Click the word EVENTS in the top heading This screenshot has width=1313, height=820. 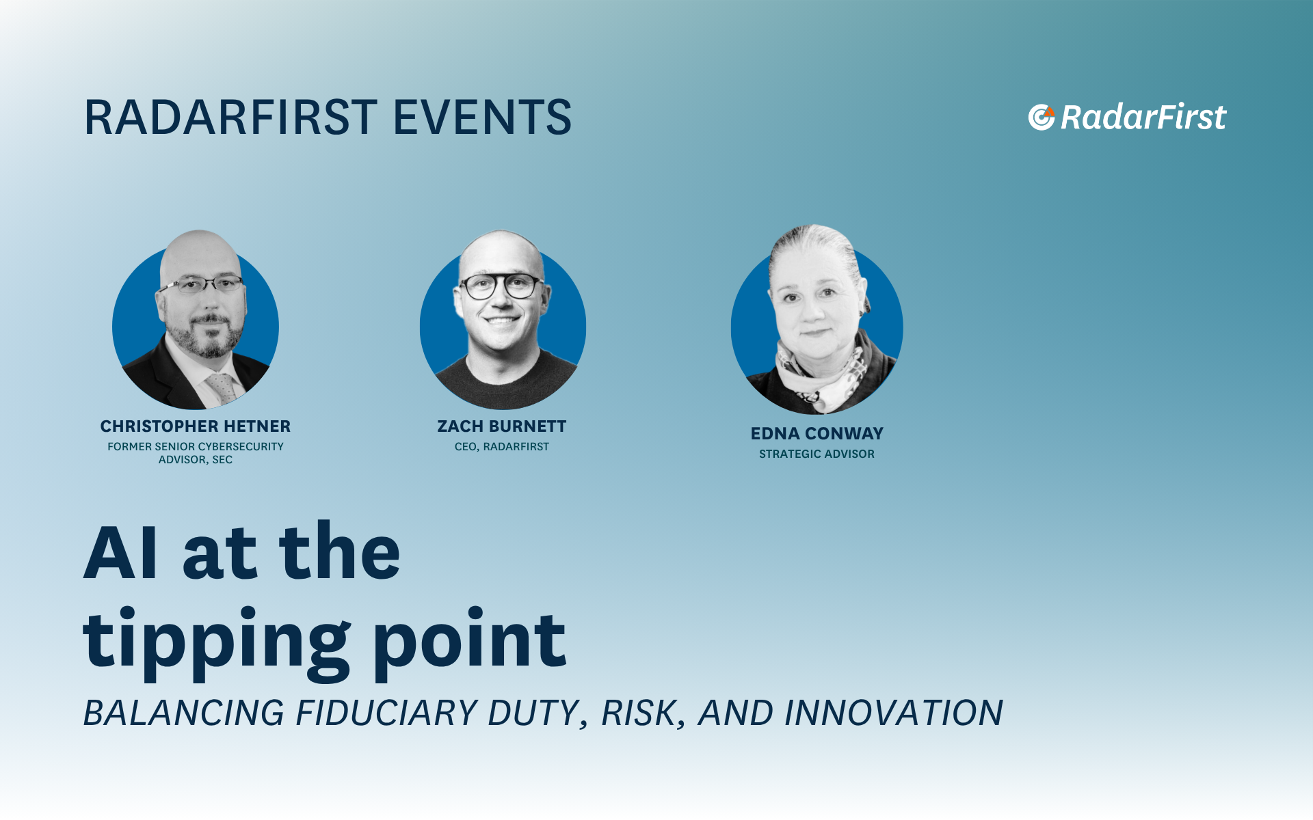(482, 117)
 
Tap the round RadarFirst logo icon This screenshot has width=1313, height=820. (1042, 117)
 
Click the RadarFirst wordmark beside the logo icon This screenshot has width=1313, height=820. (1143, 117)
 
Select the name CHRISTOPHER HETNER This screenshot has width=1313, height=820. (196, 426)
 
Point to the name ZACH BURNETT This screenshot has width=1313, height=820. (502, 426)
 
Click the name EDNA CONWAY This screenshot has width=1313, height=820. (817, 433)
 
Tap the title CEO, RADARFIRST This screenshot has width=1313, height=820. (502, 446)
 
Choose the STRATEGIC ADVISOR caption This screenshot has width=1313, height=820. (817, 454)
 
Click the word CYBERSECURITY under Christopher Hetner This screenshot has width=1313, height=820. (241, 446)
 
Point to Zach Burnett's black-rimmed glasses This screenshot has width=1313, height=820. (501, 286)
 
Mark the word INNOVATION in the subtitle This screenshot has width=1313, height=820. (894, 713)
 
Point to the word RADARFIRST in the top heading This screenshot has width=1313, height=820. (230, 117)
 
